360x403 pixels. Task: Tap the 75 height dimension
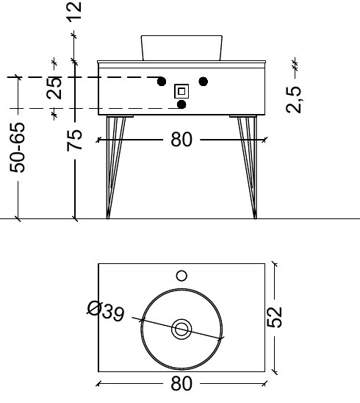74,138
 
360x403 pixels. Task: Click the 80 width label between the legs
181,138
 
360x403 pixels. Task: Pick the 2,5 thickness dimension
294,99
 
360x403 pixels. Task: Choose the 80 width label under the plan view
181,383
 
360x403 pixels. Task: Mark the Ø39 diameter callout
105,310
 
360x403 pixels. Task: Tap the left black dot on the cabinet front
160,81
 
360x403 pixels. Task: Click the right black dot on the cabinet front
204,81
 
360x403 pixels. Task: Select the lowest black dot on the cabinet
182,104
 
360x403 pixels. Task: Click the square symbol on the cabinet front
181,91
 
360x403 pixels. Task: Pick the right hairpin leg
248,165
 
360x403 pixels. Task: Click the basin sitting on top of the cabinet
181,47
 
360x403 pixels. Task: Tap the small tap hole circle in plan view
181,277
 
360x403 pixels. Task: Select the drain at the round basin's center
181,329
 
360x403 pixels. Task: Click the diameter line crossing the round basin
206,334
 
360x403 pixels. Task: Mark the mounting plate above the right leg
242,115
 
